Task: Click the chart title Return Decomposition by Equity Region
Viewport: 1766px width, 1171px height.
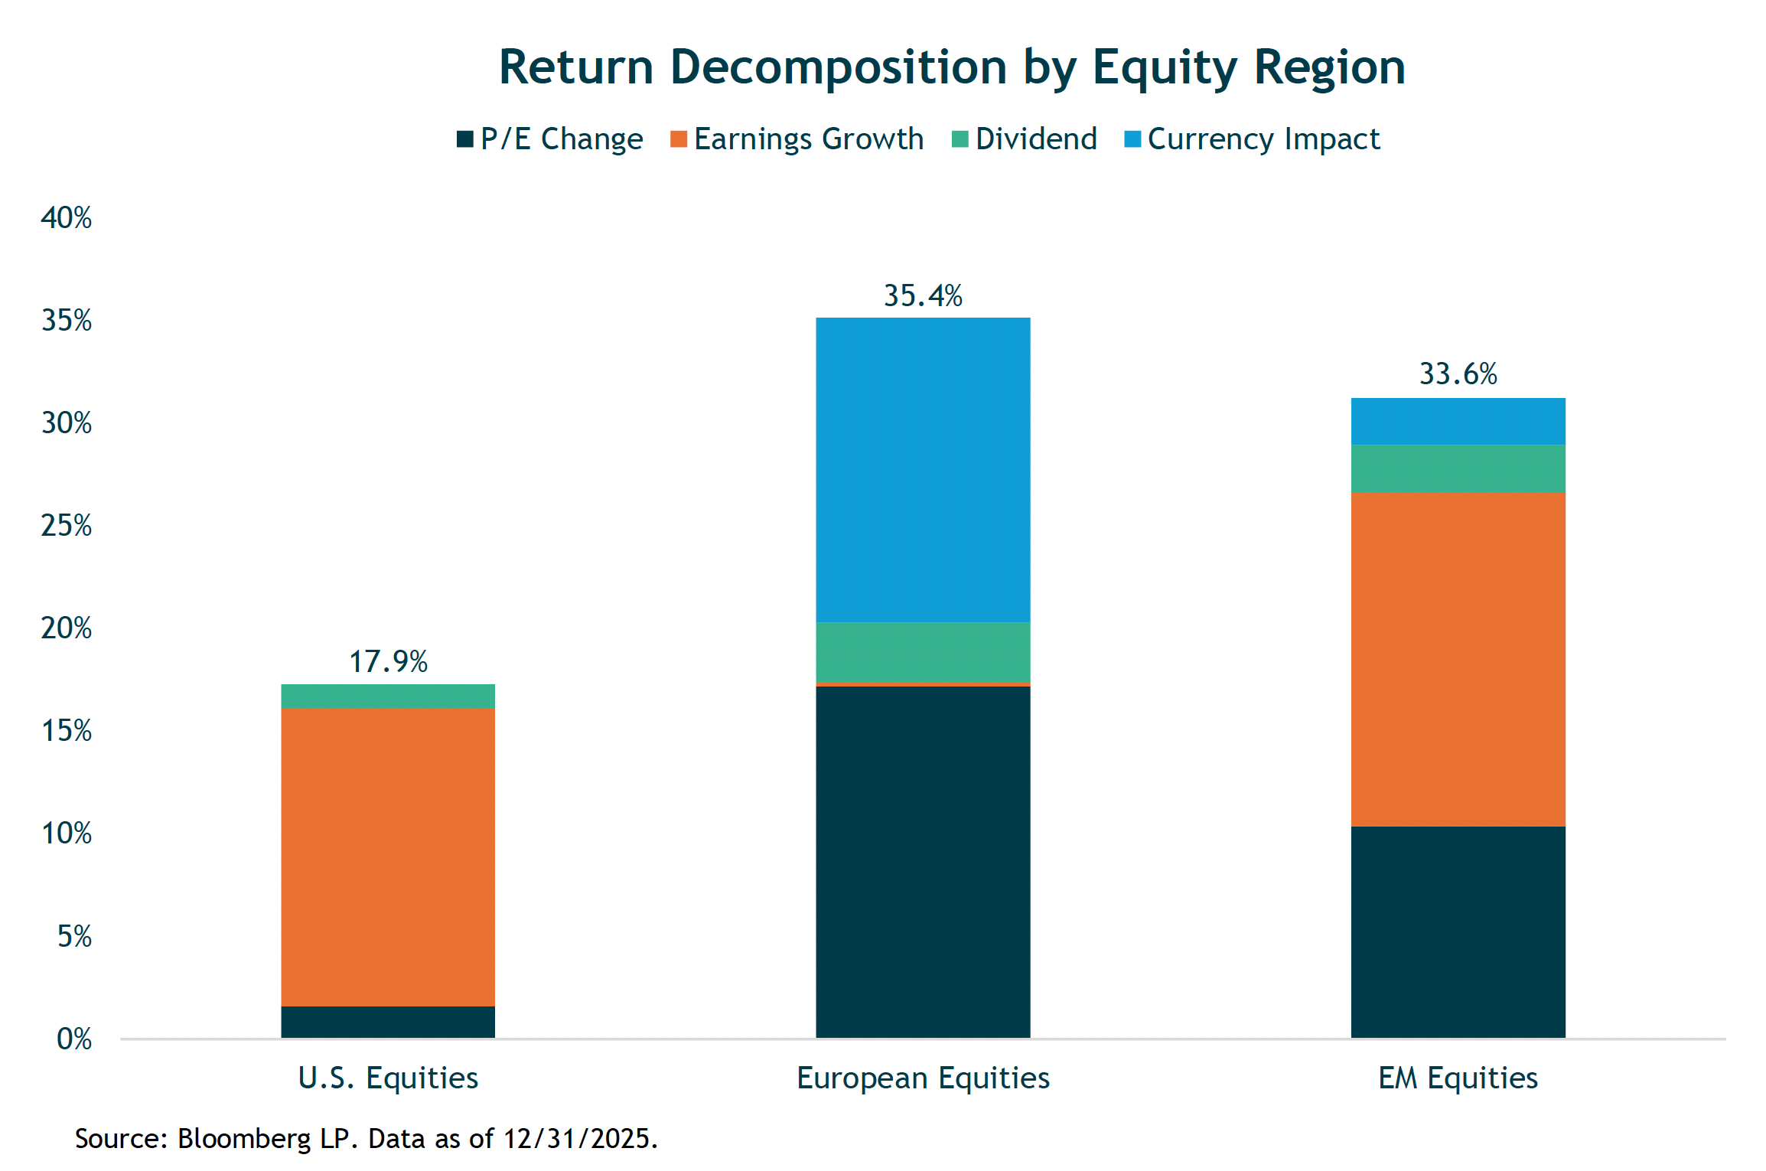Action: (952, 67)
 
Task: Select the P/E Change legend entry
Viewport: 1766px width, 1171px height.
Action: (551, 139)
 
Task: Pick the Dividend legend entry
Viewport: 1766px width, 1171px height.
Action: (1025, 139)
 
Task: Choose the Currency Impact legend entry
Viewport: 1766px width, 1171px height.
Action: (1253, 139)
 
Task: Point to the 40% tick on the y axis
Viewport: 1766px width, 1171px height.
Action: (67, 218)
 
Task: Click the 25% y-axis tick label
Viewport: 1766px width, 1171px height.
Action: (67, 526)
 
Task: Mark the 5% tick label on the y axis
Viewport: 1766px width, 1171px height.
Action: (74, 936)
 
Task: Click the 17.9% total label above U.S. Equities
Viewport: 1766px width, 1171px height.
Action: (388, 662)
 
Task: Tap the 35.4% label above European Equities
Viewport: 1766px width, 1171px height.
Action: (923, 296)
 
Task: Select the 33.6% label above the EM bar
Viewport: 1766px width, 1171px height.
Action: (1458, 374)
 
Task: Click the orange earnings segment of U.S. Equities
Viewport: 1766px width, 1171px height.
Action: (388, 857)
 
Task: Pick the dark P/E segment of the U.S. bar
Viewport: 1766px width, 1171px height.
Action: (388, 1023)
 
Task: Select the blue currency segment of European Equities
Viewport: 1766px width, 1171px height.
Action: (923, 470)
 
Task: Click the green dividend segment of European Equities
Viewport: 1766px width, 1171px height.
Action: (923, 652)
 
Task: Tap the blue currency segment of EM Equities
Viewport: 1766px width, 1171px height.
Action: (1458, 422)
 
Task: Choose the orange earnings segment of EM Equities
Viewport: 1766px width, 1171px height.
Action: (1458, 659)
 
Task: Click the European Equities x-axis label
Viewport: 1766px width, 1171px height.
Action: (923, 1078)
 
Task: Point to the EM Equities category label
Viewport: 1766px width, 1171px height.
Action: (1458, 1078)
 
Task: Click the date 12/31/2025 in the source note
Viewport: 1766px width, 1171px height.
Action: (578, 1139)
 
